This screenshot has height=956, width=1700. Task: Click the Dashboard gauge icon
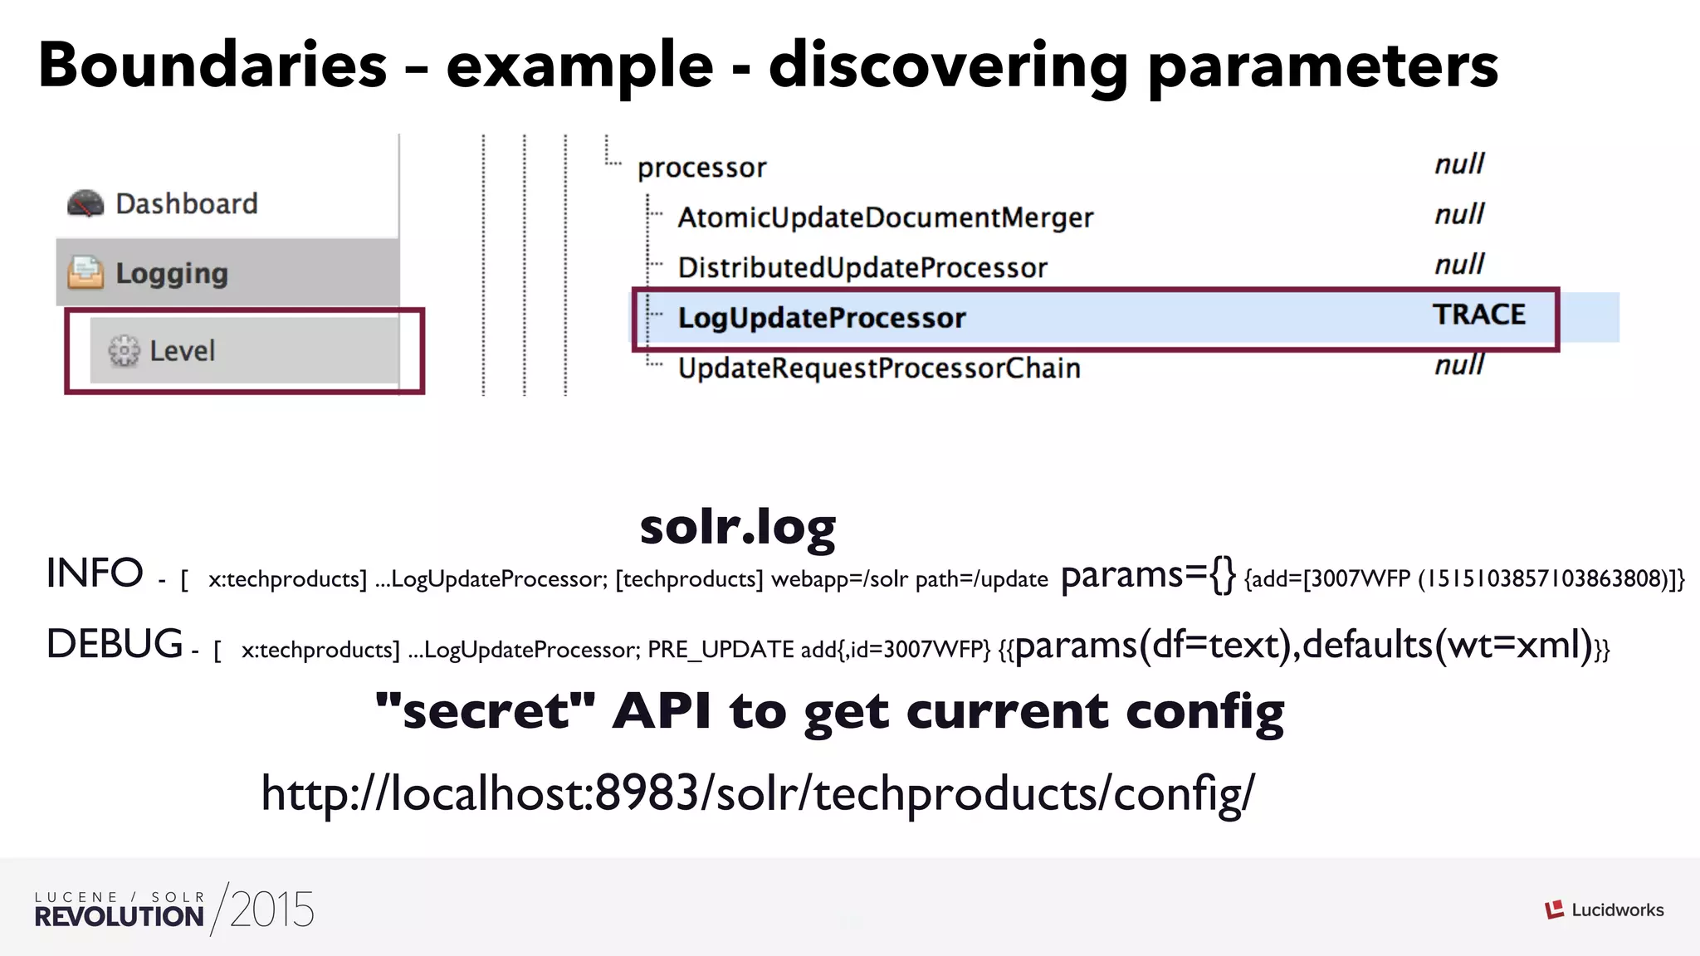point(85,203)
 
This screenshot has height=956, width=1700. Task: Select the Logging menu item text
point(172,273)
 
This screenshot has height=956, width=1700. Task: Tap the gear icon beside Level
point(124,351)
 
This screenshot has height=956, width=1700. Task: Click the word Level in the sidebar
point(182,351)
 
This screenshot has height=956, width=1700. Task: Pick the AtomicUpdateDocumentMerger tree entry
point(885,217)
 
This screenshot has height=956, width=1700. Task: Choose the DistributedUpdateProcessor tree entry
point(862,268)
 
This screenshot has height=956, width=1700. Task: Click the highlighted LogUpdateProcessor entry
point(821,318)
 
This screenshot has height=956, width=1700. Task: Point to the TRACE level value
point(1478,315)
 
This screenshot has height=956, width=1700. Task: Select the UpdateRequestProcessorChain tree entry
point(878,368)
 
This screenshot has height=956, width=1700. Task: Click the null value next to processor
point(1459,164)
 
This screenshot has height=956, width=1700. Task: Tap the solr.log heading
point(737,528)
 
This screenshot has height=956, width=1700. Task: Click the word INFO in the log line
point(95,573)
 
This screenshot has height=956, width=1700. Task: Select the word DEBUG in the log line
point(115,645)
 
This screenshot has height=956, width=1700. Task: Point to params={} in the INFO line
point(1148,575)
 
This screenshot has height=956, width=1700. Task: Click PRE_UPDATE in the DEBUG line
point(721,649)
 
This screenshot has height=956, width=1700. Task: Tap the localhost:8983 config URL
point(757,793)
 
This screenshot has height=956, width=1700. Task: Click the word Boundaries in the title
point(212,65)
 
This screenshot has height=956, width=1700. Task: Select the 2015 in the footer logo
point(272,910)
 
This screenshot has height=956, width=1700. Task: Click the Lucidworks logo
point(1604,910)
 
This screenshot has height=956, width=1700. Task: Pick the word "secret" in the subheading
point(485,711)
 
